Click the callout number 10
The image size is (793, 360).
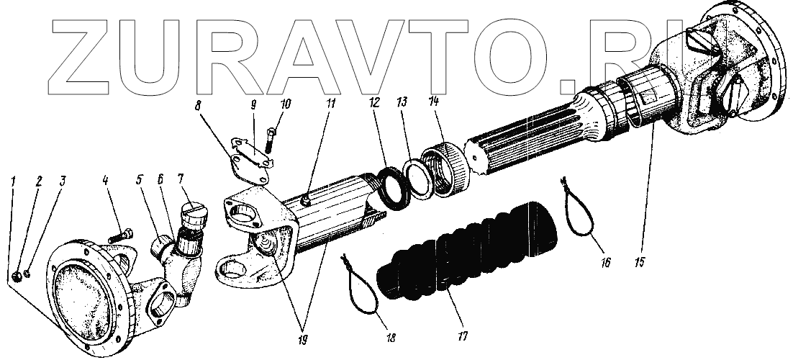286,104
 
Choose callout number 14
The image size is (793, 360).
432,102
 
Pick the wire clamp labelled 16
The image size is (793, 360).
579,209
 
